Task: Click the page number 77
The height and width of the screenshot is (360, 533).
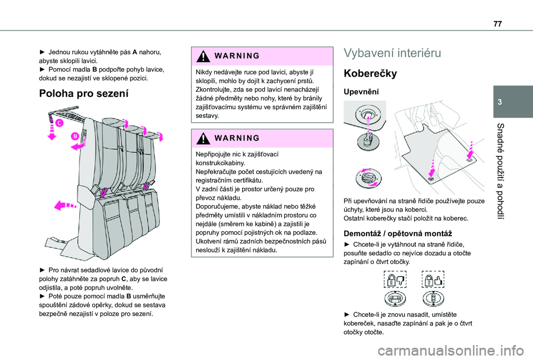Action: coord(497,24)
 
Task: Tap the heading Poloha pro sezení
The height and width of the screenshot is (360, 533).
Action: coord(84,93)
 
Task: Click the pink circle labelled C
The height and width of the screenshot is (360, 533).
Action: coord(59,123)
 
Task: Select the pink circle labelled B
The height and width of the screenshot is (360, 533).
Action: coord(75,136)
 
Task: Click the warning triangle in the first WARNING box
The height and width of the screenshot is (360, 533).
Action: coord(203,56)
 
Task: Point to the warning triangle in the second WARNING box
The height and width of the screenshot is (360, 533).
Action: coord(203,138)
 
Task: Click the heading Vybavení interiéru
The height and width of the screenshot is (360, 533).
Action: coord(393,53)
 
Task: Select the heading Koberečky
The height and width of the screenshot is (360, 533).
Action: coord(370,73)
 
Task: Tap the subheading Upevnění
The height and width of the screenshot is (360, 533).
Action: coord(361,92)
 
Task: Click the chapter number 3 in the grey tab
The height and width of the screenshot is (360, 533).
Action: coord(500,102)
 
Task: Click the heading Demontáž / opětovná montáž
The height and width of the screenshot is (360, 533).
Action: coord(398,234)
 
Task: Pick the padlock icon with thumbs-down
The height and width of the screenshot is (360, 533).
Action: coord(395,280)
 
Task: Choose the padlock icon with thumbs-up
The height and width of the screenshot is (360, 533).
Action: coord(433,280)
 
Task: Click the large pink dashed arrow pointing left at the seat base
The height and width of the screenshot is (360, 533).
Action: coord(66,205)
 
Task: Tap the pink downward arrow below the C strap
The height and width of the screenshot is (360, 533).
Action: coord(52,132)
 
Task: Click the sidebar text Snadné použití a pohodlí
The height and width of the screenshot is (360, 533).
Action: coord(500,171)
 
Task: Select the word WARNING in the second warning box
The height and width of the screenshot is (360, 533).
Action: coord(237,138)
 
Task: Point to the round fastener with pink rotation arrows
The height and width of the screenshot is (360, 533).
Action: coord(369,178)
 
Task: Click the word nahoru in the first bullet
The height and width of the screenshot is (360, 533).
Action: coord(150,52)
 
